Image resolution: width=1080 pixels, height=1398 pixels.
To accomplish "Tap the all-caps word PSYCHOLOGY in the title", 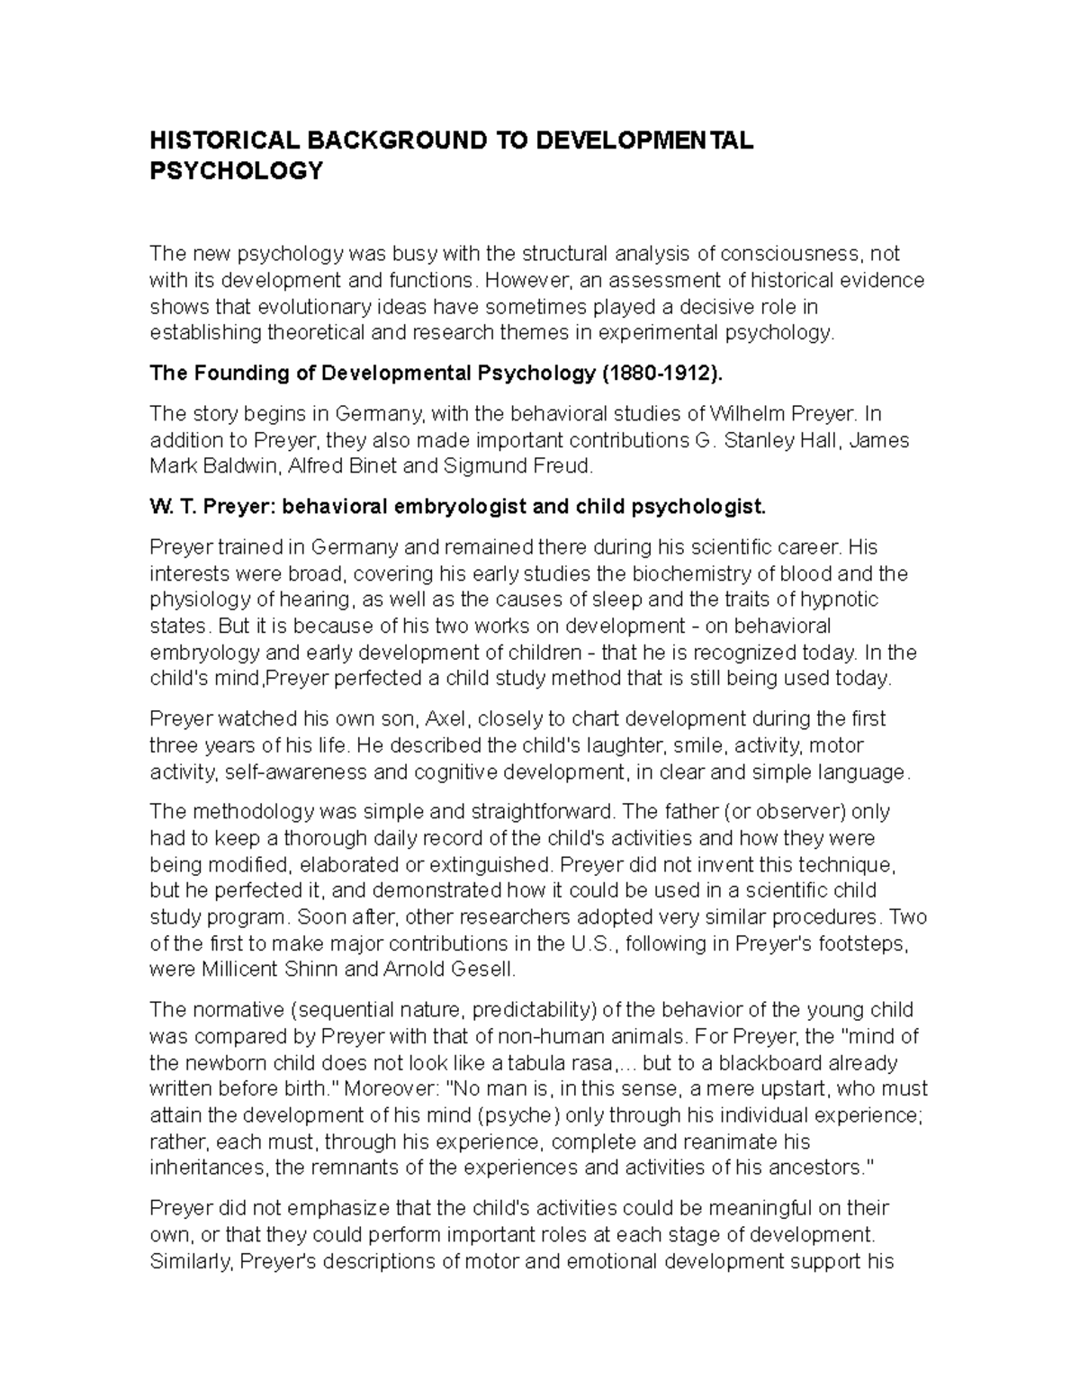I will tap(236, 171).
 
